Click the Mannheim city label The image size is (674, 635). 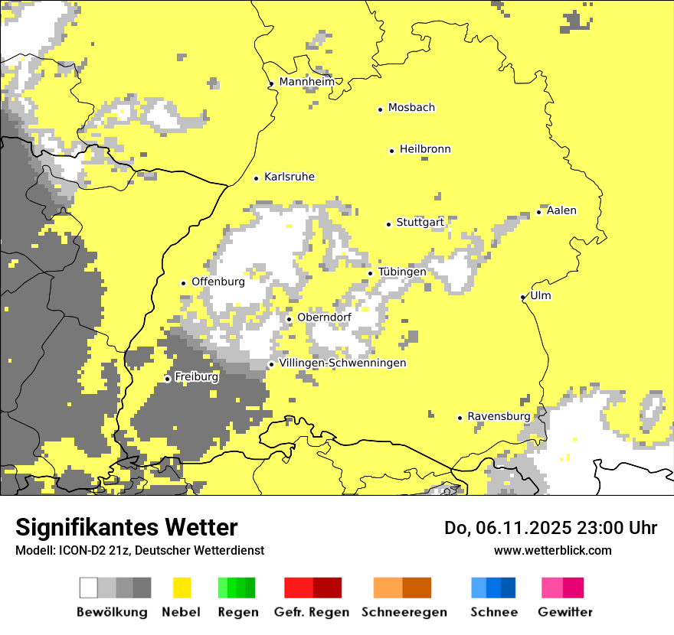pos(306,82)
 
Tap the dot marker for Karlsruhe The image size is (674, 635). pos(257,178)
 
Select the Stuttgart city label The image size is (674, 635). pos(420,223)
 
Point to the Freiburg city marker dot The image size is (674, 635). pos(168,379)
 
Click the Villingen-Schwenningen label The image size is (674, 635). pos(342,363)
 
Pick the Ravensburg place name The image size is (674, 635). pos(499,416)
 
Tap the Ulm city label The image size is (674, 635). pos(540,295)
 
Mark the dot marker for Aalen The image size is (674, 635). pos(539,212)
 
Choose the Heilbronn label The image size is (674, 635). pos(425,149)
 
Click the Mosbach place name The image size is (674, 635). pos(411,108)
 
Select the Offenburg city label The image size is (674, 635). pos(218,282)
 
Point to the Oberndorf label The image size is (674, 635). pos(324,317)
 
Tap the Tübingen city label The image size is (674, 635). pos(402,272)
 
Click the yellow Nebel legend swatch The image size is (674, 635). pos(182,588)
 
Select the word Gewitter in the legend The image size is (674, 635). pos(565,612)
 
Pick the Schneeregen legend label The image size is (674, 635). pos(404,612)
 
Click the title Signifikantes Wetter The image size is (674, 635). pos(126,527)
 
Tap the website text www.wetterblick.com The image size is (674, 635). pos(552,550)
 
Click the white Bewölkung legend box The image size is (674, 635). pos(89,588)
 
